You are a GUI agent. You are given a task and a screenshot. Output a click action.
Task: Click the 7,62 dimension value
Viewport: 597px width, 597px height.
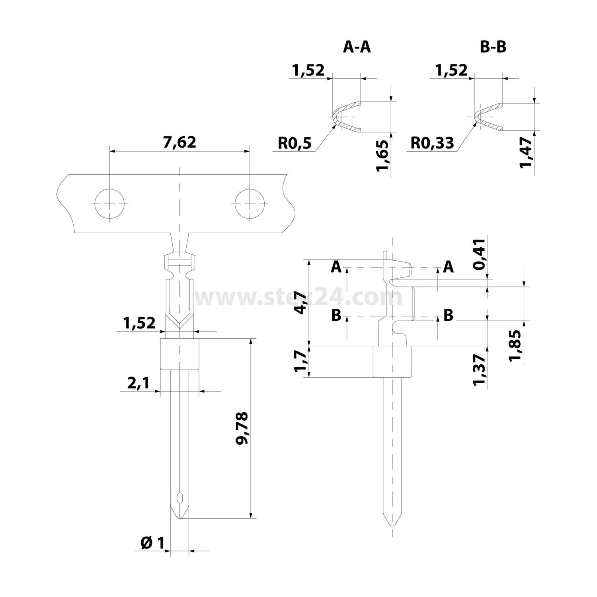pyautogui.click(x=179, y=142)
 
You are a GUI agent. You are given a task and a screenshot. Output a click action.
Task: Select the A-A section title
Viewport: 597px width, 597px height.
pyautogui.click(x=357, y=47)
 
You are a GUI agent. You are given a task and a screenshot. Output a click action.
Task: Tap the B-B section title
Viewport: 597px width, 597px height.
pyautogui.click(x=493, y=47)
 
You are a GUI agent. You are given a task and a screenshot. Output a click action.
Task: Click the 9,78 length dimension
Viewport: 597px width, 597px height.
pyautogui.click(x=242, y=428)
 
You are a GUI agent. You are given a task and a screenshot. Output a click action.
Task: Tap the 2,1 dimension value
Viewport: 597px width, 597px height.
pyautogui.click(x=138, y=383)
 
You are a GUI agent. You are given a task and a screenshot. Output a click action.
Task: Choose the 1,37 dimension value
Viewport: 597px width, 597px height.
pyautogui.click(x=479, y=369)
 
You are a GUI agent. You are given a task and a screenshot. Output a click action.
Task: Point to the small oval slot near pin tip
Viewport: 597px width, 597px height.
pyautogui.click(x=179, y=498)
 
